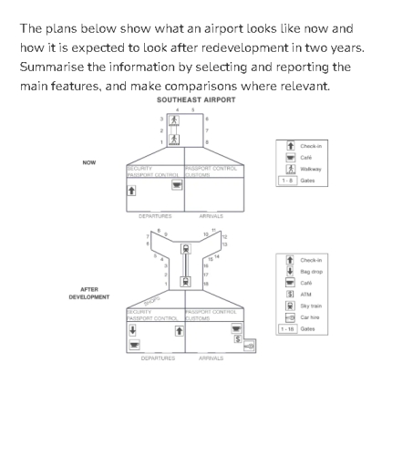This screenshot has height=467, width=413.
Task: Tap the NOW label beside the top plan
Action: click(x=89, y=162)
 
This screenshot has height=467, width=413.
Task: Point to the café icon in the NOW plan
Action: click(x=177, y=184)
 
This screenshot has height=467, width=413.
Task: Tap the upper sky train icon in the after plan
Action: click(x=186, y=248)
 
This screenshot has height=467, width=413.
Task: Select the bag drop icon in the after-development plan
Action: click(x=133, y=330)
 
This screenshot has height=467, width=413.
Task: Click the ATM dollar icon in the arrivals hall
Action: click(x=238, y=339)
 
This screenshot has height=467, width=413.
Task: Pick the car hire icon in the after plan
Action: click(x=250, y=346)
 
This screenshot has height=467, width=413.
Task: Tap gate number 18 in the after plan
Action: click(x=205, y=284)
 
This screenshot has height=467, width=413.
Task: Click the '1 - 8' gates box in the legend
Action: click(x=286, y=181)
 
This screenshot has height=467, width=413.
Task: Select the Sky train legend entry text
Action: click(x=311, y=306)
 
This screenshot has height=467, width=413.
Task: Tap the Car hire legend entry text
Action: click(x=310, y=317)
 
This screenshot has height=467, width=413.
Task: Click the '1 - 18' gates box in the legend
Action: click(x=287, y=328)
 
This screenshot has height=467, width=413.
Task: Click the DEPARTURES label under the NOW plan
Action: click(x=155, y=216)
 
